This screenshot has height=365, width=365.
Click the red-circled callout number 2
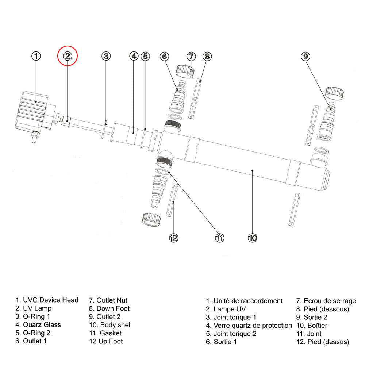(x=68, y=56)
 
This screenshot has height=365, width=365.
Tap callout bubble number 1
(x=36, y=56)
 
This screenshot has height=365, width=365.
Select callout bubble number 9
(x=306, y=56)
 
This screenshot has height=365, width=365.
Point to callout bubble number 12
(x=173, y=238)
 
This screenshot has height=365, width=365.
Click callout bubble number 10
(x=253, y=238)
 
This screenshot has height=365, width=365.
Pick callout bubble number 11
(x=219, y=238)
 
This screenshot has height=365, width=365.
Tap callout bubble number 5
(x=145, y=56)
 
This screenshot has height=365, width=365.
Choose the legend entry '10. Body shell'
(x=111, y=324)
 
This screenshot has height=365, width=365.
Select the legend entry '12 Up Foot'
(x=106, y=341)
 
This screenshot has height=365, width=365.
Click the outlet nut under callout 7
(x=185, y=71)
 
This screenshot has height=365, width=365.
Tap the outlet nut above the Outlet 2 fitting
(x=334, y=93)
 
